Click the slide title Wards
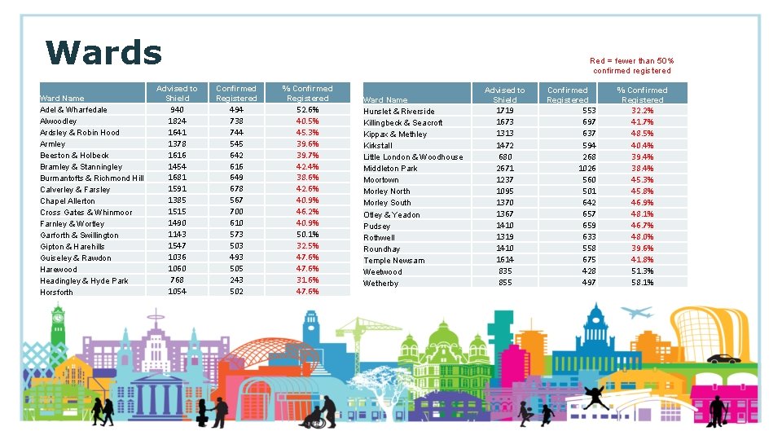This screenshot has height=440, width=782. click(x=104, y=53)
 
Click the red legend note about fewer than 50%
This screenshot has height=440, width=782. click(x=632, y=65)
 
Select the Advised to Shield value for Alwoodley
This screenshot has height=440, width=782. click(x=177, y=121)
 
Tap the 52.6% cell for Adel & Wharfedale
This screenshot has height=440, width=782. click(x=307, y=109)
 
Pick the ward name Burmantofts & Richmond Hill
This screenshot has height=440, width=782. click(x=92, y=178)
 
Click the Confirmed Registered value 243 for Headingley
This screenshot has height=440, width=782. click(x=235, y=280)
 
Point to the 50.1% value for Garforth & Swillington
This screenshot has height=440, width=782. click(x=307, y=235)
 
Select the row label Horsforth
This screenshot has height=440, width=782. click(x=56, y=292)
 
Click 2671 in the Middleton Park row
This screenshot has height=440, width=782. click(x=505, y=168)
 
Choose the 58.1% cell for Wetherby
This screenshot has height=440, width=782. click(x=642, y=282)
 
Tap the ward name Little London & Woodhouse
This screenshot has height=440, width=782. click(x=413, y=156)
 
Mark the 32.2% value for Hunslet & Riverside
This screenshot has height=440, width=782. click(x=642, y=111)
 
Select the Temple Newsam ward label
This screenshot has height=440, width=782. click(x=393, y=260)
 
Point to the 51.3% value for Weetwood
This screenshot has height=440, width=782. click(x=642, y=271)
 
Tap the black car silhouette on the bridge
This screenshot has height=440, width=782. click(x=723, y=359)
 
